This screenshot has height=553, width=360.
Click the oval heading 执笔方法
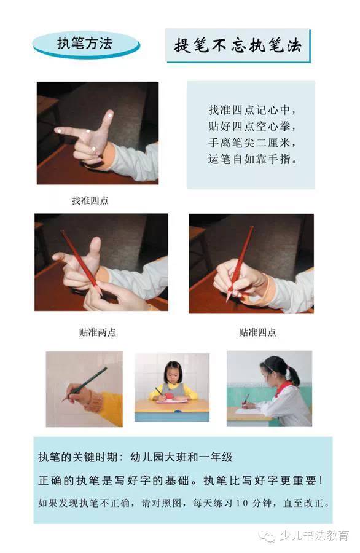point(85,44)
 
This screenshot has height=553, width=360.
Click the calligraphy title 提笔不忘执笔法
point(238,45)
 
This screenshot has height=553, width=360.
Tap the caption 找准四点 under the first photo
point(90,200)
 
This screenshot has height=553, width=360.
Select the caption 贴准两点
point(97,332)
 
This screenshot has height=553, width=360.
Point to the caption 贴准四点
point(257,332)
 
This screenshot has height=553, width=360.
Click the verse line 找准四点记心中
point(252,111)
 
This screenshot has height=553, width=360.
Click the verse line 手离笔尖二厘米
point(252,143)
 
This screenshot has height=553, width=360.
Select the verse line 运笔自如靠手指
point(252,159)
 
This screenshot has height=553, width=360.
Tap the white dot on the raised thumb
point(109,115)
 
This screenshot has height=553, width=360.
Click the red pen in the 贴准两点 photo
point(79,258)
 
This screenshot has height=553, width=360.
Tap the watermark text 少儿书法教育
point(313,535)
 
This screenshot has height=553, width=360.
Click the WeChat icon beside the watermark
point(268,536)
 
